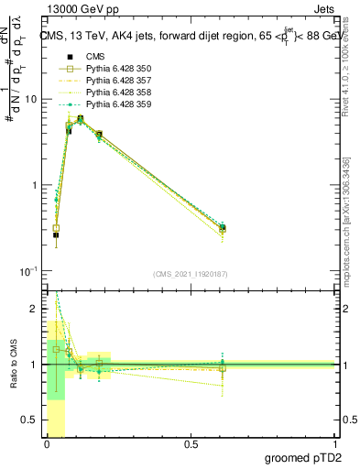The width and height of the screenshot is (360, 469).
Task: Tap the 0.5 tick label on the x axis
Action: (191, 445)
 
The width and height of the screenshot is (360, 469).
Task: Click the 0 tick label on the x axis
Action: (47, 445)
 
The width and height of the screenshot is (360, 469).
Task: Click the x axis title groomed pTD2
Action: (302, 458)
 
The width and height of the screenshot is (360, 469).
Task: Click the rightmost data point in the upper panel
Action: (223, 227)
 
